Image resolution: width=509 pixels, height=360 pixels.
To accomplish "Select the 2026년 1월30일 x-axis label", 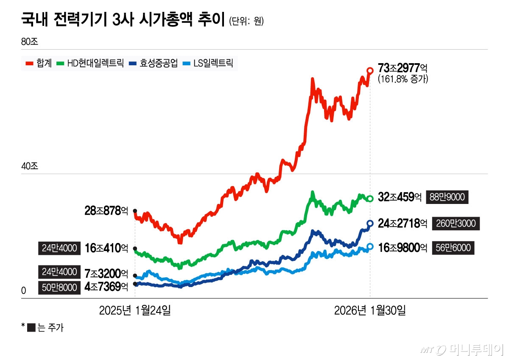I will pos(370,311).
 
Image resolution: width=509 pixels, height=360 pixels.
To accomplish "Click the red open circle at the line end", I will pos(370,70).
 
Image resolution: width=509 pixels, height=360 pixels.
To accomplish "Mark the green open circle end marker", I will pos(370,198).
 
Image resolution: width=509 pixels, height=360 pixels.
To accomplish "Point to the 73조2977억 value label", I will pos(403,68).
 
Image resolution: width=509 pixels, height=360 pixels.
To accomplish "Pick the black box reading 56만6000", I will pos(453,248).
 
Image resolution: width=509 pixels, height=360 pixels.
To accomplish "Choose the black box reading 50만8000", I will pos(59,287).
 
